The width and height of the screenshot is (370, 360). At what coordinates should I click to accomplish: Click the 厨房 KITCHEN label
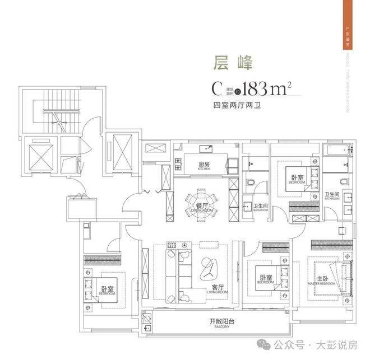tap(203, 166)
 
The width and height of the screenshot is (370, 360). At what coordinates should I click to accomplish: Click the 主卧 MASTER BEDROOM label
tap(323, 279)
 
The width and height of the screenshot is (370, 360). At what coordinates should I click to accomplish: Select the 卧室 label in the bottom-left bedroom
tap(107, 290)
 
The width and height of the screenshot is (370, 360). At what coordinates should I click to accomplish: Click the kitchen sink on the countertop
tap(208, 149)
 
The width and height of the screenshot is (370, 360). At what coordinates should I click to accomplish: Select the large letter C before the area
tap(217, 89)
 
